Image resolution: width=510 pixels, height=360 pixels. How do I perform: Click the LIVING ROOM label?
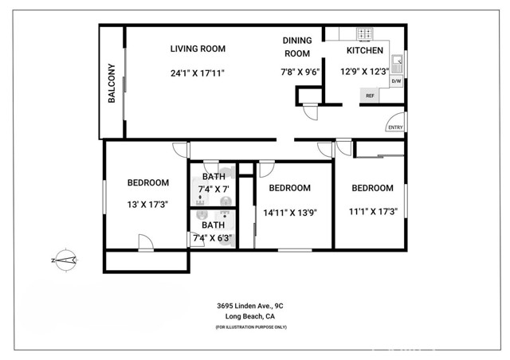coord(198,49)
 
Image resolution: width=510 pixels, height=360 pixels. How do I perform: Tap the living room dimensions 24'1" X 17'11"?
coord(198,72)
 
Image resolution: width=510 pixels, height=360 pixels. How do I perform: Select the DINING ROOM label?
coord(296,47)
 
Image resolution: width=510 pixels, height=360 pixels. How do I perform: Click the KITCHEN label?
coord(364,50)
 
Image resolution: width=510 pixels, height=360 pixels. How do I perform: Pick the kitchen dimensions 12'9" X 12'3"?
coord(364,71)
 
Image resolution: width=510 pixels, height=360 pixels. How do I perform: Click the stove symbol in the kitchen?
coord(364,34)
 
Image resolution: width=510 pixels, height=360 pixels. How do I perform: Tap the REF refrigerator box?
coord(370,96)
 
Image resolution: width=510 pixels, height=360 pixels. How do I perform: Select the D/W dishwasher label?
coord(396,81)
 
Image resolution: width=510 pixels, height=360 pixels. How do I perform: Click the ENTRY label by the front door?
coord(394,127)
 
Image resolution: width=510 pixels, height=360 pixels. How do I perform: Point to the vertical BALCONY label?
coord(112,84)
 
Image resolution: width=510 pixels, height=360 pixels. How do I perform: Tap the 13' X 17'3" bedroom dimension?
coord(148,204)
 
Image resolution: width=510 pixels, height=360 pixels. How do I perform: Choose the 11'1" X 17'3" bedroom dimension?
coord(373,211)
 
